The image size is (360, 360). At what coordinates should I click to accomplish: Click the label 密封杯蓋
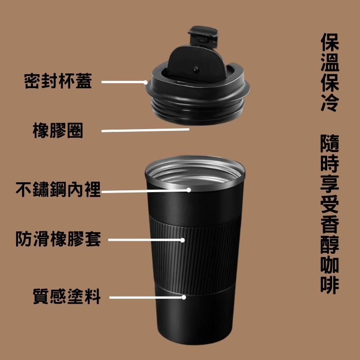58,82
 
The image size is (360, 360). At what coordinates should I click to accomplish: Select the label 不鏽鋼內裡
58,189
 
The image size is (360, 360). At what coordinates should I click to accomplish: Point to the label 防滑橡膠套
58,238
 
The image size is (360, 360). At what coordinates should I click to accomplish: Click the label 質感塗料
67,297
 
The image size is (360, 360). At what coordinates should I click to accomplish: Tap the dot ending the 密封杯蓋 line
145,82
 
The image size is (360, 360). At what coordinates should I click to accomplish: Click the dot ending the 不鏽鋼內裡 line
189,190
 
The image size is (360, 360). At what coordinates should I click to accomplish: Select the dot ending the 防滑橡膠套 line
183,240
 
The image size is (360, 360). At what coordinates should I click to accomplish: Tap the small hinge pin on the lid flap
196,69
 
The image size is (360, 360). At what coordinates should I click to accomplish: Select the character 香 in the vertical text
330,224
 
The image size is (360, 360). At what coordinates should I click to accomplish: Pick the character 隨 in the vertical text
330,143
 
